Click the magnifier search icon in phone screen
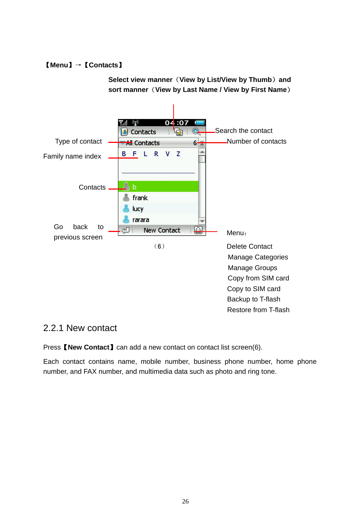(196, 131)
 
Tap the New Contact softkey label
(162, 231)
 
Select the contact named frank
(140, 198)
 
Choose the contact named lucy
(138, 209)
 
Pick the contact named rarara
(140, 220)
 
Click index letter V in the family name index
(167, 154)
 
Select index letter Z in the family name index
(178, 154)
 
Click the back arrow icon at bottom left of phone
(125, 231)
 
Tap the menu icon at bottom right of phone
(198, 231)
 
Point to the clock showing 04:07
(177, 123)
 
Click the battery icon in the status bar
(200, 123)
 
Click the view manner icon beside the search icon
(179, 132)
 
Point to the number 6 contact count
(195, 143)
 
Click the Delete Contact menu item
(250, 247)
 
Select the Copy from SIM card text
(258, 278)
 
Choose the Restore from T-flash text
(258, 310)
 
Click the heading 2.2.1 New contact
(80, 328)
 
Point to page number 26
(185, 501)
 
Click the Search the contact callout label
(244, 131)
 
